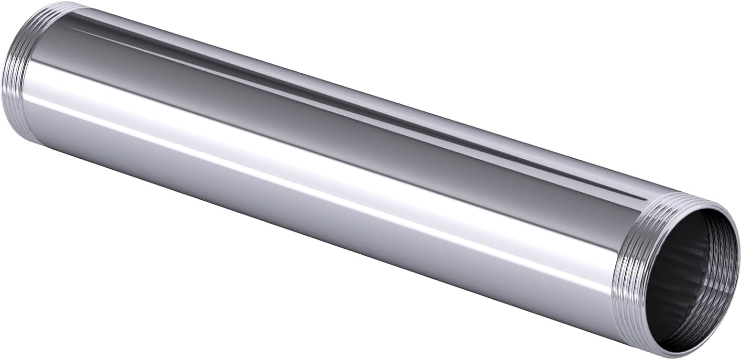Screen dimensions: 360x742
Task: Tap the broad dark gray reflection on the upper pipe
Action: pos(346,119)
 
